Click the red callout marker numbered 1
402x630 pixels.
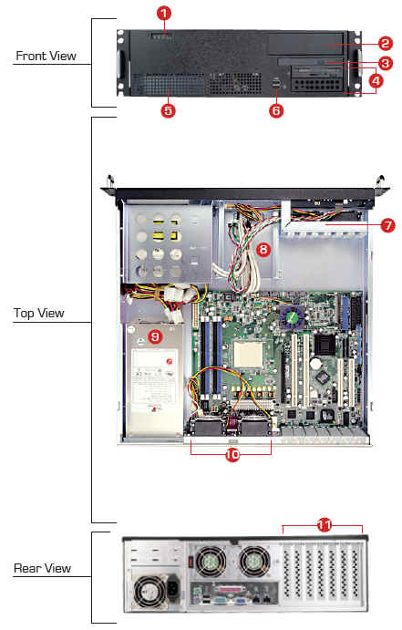click(164, 14)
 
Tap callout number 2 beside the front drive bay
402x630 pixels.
click(385, 44)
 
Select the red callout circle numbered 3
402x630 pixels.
click(385, 63)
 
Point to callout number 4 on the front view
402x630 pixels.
click(375, 81)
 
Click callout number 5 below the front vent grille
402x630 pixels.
click(169, 110)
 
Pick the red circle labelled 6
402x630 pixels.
click(276, 110)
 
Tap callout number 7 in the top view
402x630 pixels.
click(387, 225)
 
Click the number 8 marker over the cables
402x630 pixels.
click(263, 250)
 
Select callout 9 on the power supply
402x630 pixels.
click(155, 336)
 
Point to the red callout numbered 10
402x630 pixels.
click(232, 455)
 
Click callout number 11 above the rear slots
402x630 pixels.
click(325, 525)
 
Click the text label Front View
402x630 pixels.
click(46, 56)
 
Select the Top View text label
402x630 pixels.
click(39, 313)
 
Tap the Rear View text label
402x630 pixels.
click(42, 568)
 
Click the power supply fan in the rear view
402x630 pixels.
click(149, 593)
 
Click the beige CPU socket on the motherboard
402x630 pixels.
click(248, 355)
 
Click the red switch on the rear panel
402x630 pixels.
click(192, 559)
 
